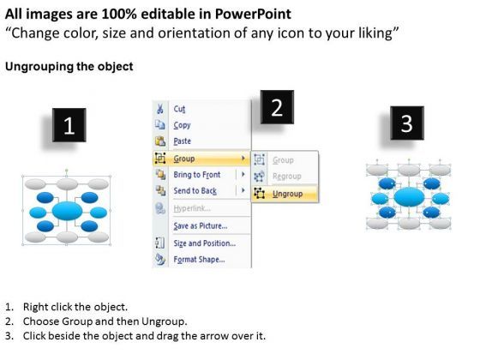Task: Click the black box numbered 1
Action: pyautogui.click(x=73, y=127)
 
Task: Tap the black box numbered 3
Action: pyautogui.click(x=406, y=123)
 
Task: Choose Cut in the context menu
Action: pyautogui.click(x=179, y=109)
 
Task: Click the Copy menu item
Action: pyautogui.click(x=183, y=125)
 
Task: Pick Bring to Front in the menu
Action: pyautogui.click(x=201, y=174)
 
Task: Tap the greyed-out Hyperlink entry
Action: pyautogui.click(x=194, y=207)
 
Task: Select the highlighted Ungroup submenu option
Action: pyautogui.click(x=286, y=194)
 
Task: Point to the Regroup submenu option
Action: pyautogui.click(x=287, y=177)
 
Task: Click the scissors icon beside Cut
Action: pyautogui.click(x=159, y=109)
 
